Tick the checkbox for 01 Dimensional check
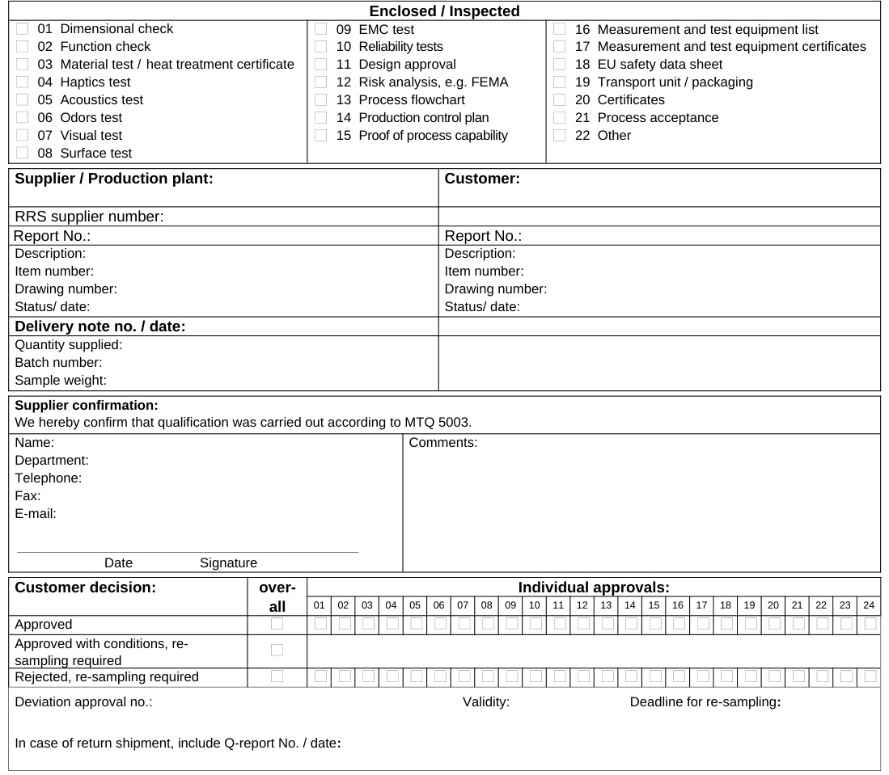22,29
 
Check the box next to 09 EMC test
320,29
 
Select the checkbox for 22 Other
559,136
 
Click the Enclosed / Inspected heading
444,11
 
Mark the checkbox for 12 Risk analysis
320,82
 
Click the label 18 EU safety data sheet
649,65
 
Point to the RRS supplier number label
89,217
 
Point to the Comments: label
443,442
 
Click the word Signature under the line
228,562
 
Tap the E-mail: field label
36,513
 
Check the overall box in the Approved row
277,624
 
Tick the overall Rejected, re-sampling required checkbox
277,676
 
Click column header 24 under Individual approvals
870,604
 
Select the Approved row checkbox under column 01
320,624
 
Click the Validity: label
486,702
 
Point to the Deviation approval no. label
83,702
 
